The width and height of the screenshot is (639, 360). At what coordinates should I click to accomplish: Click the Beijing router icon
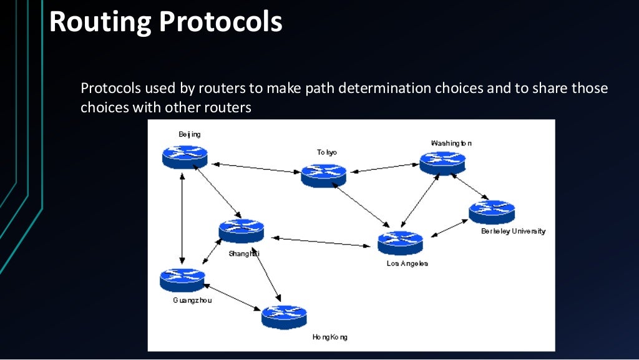click(x=185, y=155)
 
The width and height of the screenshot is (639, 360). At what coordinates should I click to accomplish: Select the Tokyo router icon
click(x=323, y=175)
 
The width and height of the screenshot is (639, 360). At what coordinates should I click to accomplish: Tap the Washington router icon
click(x=442, y=162)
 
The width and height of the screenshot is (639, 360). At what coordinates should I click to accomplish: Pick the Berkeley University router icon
click(x=492, y=212)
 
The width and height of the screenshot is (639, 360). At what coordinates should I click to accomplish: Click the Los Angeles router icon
click(x=400, y=242)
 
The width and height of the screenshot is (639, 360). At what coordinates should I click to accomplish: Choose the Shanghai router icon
click(x=241, y=230)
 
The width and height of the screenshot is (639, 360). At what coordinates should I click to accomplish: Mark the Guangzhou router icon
click(x=182, y=280)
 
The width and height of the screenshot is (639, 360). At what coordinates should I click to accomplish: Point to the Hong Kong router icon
click(x=284, y=316)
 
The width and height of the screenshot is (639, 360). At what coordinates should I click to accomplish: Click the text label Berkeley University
click(x=513, y=231)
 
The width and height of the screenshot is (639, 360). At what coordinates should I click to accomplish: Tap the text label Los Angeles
click(x=407, y=263)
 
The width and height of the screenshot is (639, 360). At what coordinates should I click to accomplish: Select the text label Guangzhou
click(x=192, y=300)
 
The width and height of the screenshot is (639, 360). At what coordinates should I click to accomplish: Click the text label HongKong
click(x=329, y=337)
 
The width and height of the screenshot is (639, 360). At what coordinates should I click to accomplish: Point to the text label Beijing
click(x=190, y=134)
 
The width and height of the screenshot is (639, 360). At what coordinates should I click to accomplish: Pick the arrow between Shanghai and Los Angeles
click(x=321, y=240)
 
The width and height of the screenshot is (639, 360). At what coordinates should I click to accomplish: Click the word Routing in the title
click(x=100, y=22)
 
